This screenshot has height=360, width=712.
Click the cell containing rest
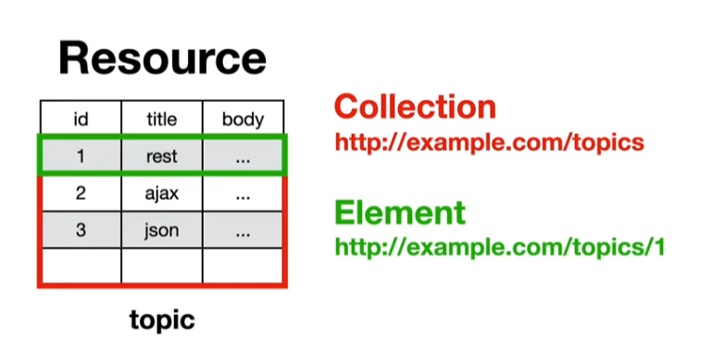(x=162, y=155)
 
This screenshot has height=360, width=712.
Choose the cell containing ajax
(x=162, y=193)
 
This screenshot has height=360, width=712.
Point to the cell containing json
(x=162, y=230)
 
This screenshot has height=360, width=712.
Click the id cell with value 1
(x=81, y=155)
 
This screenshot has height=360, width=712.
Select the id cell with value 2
(x=81, y=193)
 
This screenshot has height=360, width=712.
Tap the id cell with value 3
(x=81, y=230)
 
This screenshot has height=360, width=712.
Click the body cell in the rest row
(x=243, y=155)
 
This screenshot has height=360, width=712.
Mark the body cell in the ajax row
(x=243, y=193)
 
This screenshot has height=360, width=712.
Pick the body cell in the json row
(x=243, y=230)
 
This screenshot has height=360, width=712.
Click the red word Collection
(x=415, y=107)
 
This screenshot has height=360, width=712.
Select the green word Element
(x=400, y=212)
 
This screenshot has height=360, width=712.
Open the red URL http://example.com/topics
(x=490, y=143)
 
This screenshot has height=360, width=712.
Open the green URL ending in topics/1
(x=500, y=247)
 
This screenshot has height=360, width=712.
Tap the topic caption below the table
(x=162, y=320)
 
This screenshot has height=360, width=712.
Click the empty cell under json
(x=162, y=266)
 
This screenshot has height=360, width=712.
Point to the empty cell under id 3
(x=81, y=266)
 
